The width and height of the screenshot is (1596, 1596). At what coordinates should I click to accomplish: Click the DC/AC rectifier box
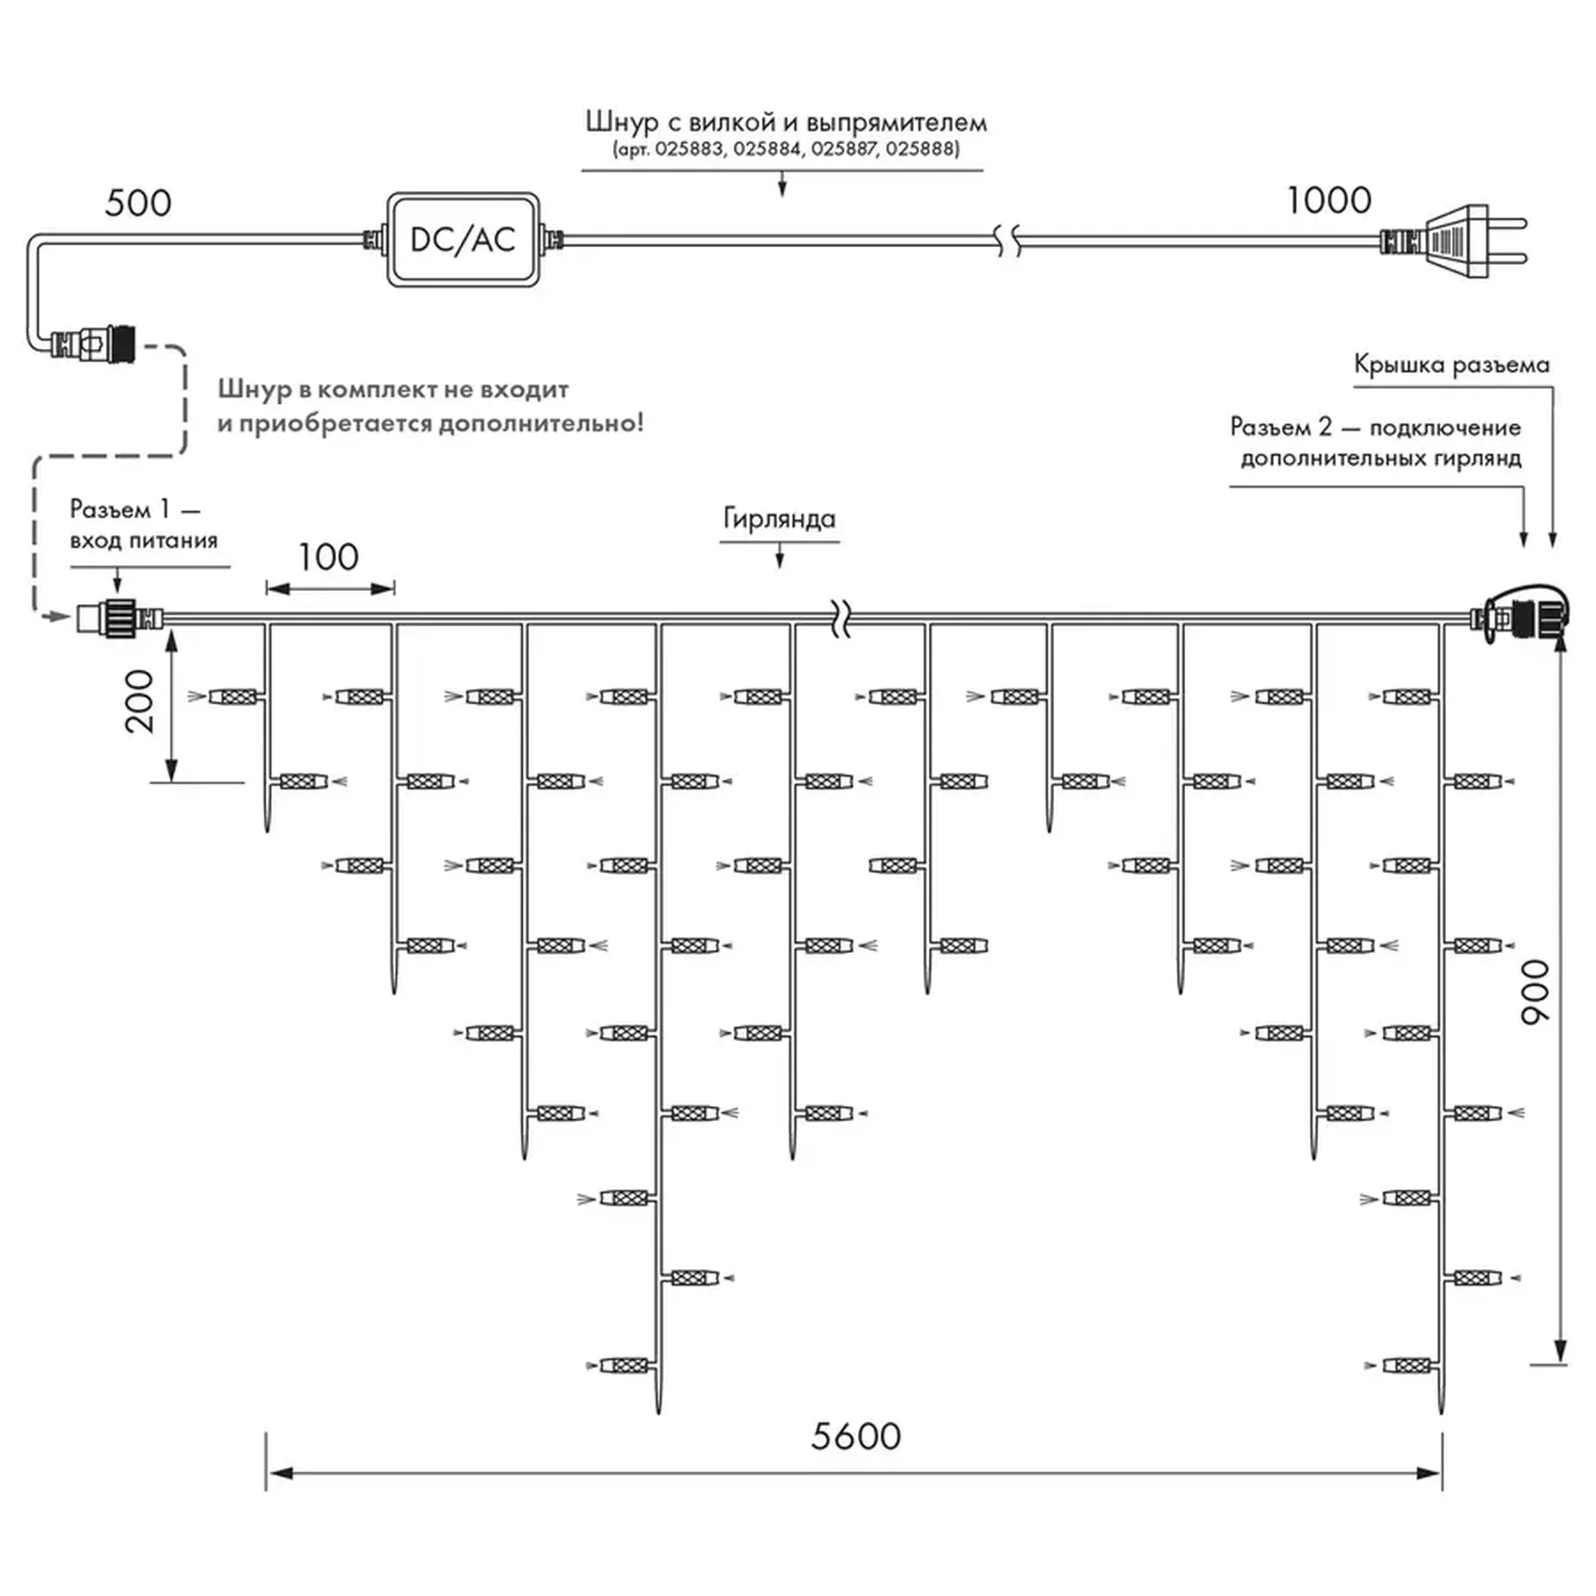(x=463, y=239)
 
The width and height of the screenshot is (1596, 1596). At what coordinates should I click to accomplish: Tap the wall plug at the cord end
(x=1454, y=241)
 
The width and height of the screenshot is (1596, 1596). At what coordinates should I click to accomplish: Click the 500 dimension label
(x=138, y=203)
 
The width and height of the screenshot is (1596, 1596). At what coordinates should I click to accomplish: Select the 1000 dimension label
(x=1329, y=200)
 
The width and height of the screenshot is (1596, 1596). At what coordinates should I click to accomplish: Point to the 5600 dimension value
(x=856, y=1436)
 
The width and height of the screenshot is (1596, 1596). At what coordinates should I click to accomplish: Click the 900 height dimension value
(x=1536, y=992)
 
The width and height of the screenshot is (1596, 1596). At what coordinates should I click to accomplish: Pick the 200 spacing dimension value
(x=139, y=701)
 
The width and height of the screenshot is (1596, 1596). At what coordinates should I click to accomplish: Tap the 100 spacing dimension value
(x=328, y=557)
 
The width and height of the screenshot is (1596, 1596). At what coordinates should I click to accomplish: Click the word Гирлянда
(x=779, y=519)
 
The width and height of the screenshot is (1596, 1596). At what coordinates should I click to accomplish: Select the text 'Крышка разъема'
(x=1451, y=365)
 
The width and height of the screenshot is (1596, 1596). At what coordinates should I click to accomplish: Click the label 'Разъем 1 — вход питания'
(x=144, y=524)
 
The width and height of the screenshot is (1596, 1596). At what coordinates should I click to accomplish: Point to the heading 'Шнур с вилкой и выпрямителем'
(x=786, y=122)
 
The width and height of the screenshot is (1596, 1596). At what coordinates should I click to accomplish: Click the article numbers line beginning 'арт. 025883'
(x=786, y=148)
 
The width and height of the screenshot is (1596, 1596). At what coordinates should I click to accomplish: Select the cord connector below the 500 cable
(x=93, y=344)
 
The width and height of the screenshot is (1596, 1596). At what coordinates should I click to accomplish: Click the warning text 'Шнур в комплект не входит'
(x=393, y=390)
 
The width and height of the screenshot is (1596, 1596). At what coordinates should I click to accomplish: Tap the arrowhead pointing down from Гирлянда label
(x=779, y=560)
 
